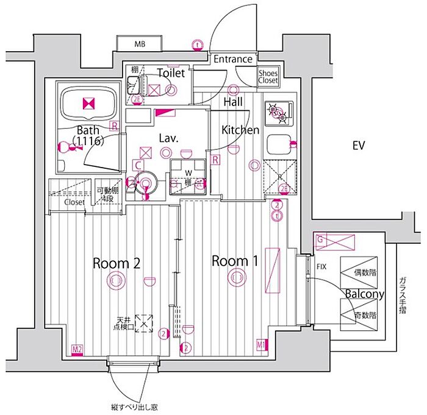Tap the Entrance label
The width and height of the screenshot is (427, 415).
pos(232,59)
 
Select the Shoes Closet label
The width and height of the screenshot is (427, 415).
pos(268,76)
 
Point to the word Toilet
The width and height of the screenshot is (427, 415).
pos(171,73)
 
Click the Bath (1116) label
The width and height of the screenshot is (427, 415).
pos(87,135)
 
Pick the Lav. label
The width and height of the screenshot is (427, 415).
pos(168,138)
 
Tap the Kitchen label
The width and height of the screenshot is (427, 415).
pos(240,130)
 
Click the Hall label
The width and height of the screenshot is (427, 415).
pos(233,102)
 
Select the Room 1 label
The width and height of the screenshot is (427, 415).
pos(235,261)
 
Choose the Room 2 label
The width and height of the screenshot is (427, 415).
pos(117,263)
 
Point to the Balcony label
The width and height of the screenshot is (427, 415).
pos(364,294)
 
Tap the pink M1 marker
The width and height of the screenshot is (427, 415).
pos(261,346)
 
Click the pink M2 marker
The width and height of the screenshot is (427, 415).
pos(77,349)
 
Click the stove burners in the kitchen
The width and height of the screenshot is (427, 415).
pos(278,111)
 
